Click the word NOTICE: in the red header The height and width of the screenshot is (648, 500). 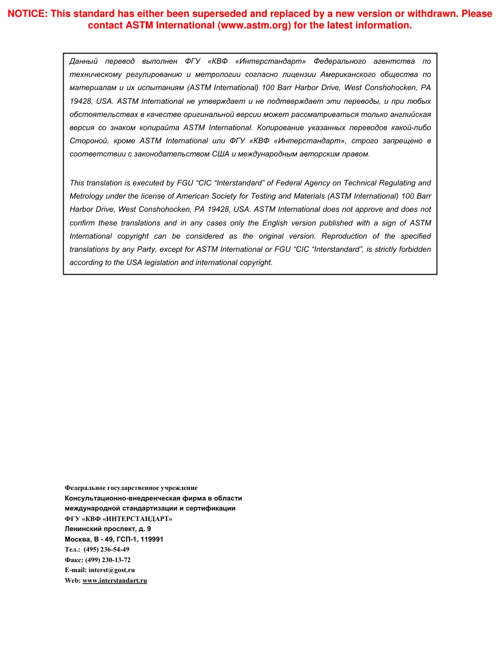pyautogui.click(x=27, y=14)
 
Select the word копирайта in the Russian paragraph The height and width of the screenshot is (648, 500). pyautogui.click(x=159, y=127)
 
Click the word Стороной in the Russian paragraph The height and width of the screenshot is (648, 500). pyautogui.click(x=87, y=141)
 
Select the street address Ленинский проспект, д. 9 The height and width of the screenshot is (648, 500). pyautogui.click(x=107, y=528)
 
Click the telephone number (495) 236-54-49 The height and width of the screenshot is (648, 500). pyautogui.click(x=106, y=549)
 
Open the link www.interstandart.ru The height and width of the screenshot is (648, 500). pyautogui.click(x=115, y=581)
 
